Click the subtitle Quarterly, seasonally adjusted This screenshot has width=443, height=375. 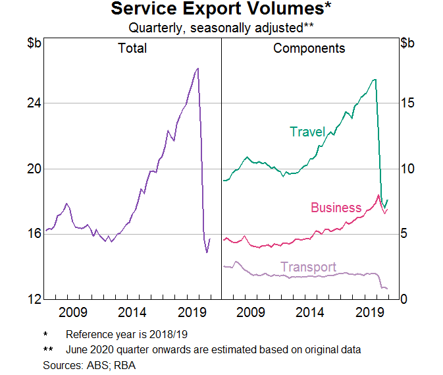pyautogui.click(x=221, y=28)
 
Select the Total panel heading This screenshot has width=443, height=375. pyautogui.click(x=132, y=48)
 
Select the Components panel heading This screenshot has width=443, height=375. pyautogui.click(x=309, y=48)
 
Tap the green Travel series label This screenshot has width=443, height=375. pyautogui.click(x=307, y=132)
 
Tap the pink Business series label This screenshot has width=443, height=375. pyautogui.click(x=336, y=208)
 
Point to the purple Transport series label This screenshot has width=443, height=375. pyautogui.click(x=308, y=267)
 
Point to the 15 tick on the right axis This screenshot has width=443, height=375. pyautogui.click(x=408, y=103)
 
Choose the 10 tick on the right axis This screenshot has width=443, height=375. pyautogui.click(x=408, y=169)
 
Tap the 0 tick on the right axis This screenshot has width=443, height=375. pyautogui.click(x=405, y=299)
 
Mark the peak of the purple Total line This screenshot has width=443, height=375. pyautogui.click(x=197, y=68)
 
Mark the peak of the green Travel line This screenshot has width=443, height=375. pyautogui.click(x=375, y=79)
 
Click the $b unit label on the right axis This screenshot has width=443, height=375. pyautogui.click(x=408, y=43)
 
